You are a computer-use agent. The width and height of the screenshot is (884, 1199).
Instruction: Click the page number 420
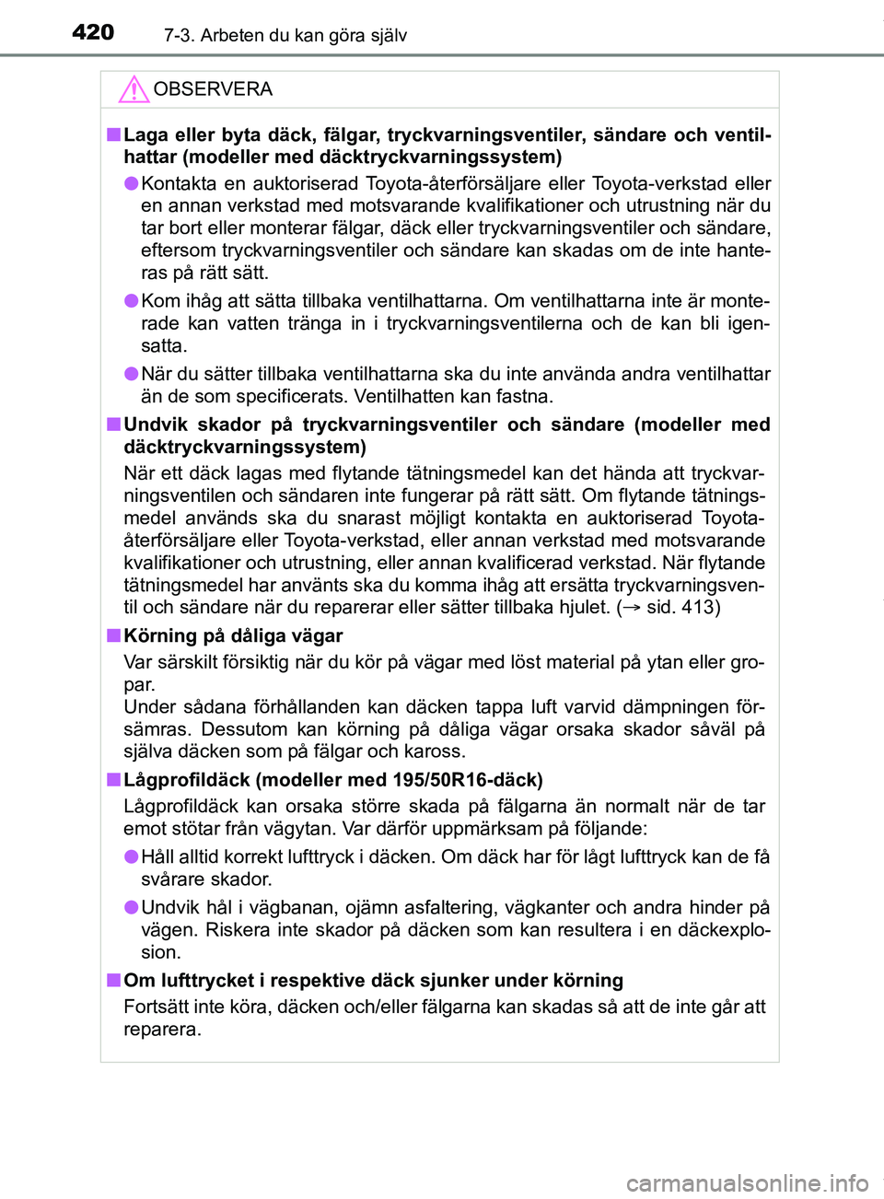[93, 32]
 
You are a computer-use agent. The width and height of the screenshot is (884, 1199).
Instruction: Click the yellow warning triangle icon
[134, 89]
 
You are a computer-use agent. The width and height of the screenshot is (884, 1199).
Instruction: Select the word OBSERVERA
[213, 89]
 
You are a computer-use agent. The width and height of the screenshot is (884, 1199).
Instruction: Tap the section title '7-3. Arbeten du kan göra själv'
[285, 35]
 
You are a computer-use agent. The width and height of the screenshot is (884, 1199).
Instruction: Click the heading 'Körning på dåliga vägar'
[233, 635]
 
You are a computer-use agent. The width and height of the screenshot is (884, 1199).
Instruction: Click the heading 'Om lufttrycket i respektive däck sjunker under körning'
[373, 980]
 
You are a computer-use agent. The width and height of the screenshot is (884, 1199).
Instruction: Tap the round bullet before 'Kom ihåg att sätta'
[132, 300]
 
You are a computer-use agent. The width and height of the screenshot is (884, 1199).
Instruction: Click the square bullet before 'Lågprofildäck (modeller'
[112, 779]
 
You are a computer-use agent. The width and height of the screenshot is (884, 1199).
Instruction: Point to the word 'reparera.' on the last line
[162, 1030]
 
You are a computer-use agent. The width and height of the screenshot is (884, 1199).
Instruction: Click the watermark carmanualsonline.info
[747, 1182]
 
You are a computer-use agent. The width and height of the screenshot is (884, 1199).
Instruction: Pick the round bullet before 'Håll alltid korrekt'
[132, 856]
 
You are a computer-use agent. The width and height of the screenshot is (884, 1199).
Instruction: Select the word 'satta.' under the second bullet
[164, 346]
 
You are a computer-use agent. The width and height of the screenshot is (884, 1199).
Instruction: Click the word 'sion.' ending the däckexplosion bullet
[161, 952]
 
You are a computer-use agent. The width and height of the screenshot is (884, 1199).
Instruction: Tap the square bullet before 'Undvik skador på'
[112, 424]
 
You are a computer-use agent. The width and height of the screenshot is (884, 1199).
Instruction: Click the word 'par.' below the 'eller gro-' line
[140, 684]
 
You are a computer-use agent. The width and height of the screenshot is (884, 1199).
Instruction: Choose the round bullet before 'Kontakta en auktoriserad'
[132, 183]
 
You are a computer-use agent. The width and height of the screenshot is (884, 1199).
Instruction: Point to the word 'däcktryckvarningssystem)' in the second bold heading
[245, 447]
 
